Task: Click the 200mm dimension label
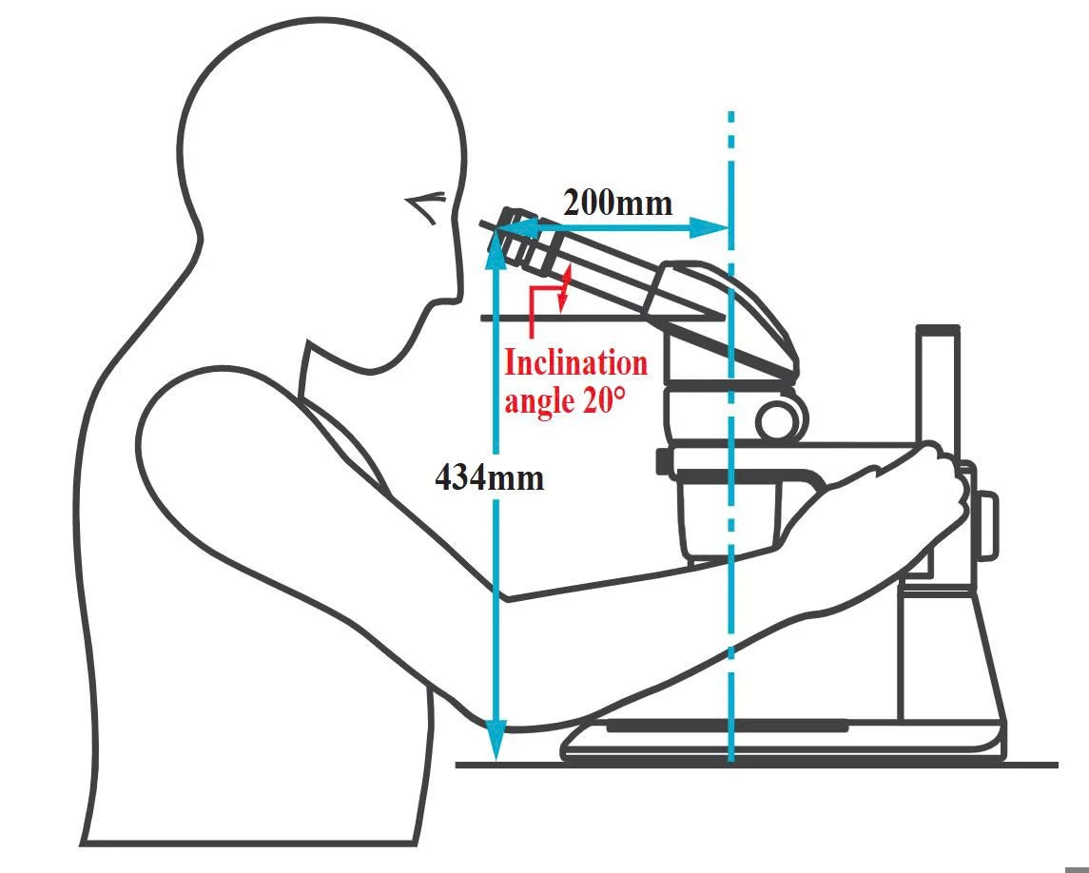click(x=617, y=203)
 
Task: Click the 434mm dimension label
click(x=489, y=476)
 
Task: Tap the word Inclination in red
click(x=575, y=362)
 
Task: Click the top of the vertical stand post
click(x=938, y=330)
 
